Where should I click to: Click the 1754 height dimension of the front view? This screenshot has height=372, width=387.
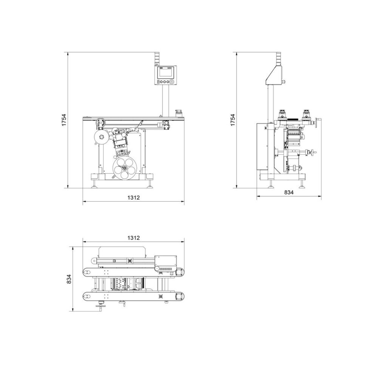click(x=64, y=120)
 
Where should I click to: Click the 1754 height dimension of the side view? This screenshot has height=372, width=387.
click(x=233, y=120)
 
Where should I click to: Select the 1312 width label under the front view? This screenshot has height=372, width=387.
click(x=133, y=198)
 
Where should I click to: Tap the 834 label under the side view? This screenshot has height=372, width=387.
click(x=289, y=192)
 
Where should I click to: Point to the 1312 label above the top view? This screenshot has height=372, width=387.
click(x=133, y=238)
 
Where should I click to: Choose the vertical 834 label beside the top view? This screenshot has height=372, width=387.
click(x=69, y=279)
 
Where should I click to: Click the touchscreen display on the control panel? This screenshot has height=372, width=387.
click(x=166, y=72)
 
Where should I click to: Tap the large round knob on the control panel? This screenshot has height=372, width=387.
click(x=172, y=82)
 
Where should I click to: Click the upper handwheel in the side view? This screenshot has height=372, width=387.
click(x=317, y=122)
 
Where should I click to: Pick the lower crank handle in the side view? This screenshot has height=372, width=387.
click(x=313, y=153)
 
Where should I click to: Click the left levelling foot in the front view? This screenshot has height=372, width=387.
click(x=94, y=184)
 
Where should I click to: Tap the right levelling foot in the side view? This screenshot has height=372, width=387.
click(x=303, y=184)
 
